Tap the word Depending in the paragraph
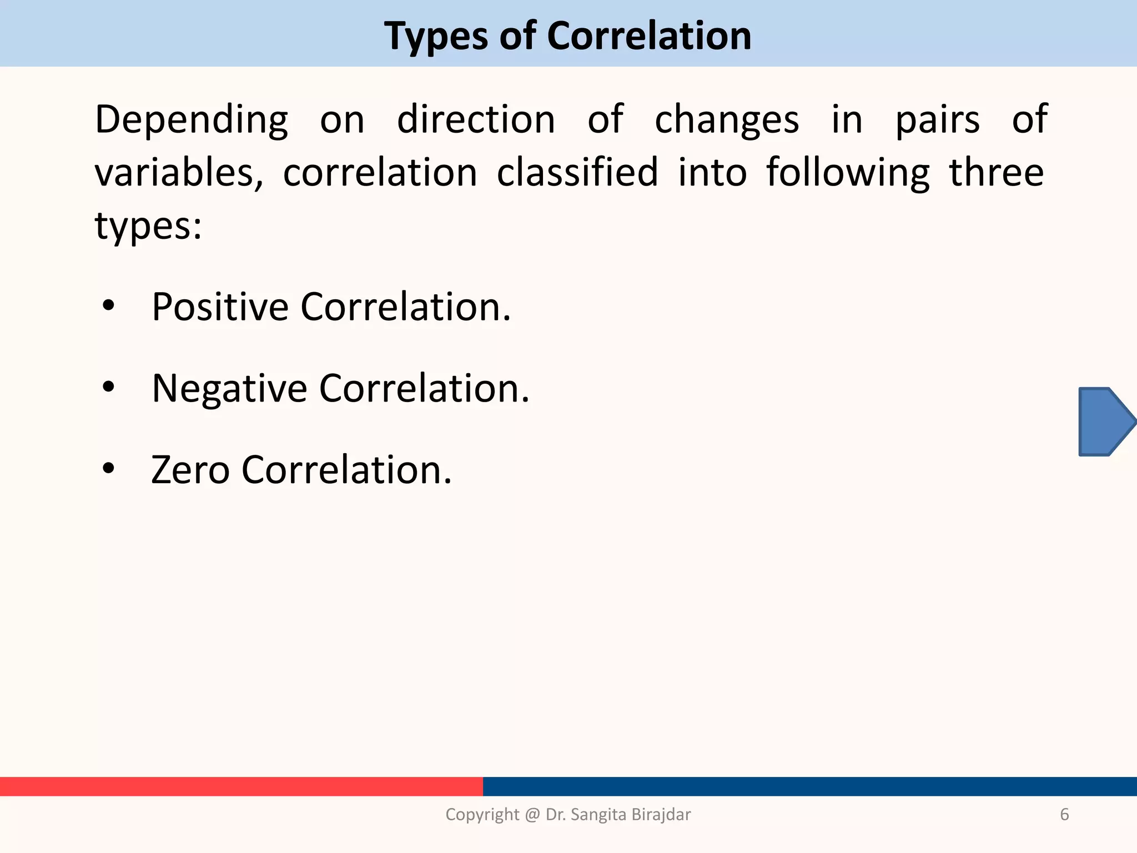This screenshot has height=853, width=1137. (192, 120)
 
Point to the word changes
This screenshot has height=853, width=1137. (727, 120)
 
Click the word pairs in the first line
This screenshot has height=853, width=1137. (938, 120)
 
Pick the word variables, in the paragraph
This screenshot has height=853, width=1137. (179, 173)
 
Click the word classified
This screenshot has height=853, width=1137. (577, 172)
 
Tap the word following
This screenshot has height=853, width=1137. (848, 173)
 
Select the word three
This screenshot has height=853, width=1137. (997, 172)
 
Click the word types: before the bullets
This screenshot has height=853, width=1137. (148, 226)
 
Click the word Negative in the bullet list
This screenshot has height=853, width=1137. (229, 388)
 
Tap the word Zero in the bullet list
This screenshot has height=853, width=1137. (190, 470)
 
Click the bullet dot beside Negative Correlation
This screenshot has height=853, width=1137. (109, 387)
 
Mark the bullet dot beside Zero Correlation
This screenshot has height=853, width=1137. (109, 468)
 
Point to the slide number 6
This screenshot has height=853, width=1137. (1064, 814)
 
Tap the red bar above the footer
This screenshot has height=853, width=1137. (241, 786)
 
